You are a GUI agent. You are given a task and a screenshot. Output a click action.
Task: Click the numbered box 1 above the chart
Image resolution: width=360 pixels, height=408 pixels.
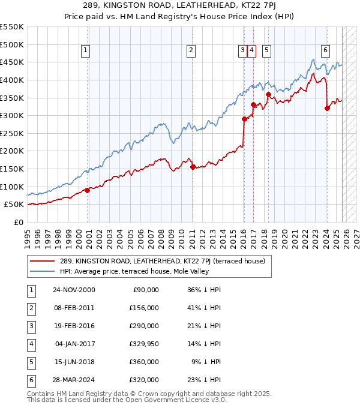pyautogui.click(x=86, y=51)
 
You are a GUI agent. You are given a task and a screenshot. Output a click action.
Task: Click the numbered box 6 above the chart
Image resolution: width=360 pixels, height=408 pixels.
pyautogui.click(x=325, y=51)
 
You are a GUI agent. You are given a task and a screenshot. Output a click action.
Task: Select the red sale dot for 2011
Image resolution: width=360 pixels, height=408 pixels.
pyautogui.click(x=193, y=167)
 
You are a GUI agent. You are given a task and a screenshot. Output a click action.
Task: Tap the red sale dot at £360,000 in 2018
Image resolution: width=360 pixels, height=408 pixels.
pyautogui.click(x=268, y=94)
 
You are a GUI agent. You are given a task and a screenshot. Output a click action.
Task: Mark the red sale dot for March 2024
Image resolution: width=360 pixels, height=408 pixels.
pyautogui.click(x=327, y=109)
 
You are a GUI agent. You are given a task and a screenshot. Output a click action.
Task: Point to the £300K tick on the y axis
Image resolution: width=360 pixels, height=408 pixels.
pyautogui.click(x=14, y=115)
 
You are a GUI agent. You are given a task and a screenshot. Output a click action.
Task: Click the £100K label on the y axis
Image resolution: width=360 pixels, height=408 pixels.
pyautogui.click(x=14, y=187)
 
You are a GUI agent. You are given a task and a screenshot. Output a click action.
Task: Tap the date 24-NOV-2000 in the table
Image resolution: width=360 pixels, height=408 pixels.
pyautogui.click(x=73, y=290)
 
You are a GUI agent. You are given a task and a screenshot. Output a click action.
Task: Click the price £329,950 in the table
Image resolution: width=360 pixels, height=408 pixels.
pyautogui.click(x=140, y=345)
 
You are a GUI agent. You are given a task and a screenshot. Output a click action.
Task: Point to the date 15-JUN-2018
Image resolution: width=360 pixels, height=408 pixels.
pyautogui.click(x=73, y=362)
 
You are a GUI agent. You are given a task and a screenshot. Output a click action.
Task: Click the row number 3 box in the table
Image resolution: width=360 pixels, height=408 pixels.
pyautogui.click(x=31, y=326)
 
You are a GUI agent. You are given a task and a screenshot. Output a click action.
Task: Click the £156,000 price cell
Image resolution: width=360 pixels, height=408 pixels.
pyautogui.click(x=142, y=308)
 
